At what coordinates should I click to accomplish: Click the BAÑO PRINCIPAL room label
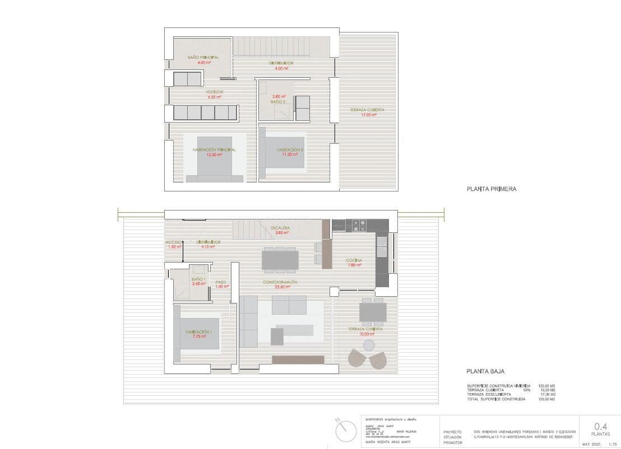(x=203, y=58)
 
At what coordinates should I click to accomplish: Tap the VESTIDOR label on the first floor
(x=214, y=92)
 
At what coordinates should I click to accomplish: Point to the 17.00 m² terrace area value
(x=368, y=115)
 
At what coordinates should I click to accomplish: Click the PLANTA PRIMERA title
(x=491, y=189)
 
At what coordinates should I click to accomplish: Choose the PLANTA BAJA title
(x=485, y=371)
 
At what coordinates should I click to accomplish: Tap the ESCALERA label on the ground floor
(x=280, y=228)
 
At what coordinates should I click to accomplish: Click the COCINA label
(x=354, y=261)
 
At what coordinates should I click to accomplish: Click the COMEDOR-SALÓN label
(x=280, y=282)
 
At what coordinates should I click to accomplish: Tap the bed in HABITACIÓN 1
(x=200, y=335)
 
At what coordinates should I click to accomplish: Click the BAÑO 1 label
(x=198, y=279)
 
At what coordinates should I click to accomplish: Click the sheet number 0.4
(x=600, y=426)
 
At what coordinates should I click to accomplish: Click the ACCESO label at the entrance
(x=173, y=242)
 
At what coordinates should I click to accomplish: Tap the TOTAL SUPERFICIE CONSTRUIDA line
(x=496, y=399)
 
